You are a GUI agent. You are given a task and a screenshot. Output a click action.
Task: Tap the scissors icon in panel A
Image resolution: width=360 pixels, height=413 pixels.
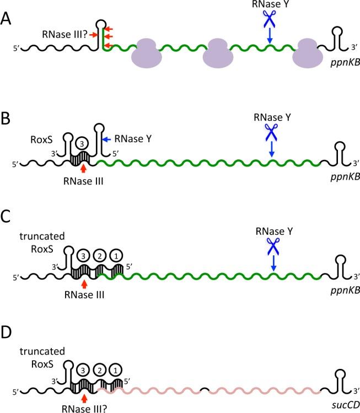point(269,20)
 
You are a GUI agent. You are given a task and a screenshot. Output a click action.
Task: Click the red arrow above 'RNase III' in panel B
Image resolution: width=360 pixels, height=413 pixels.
point(83,168)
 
